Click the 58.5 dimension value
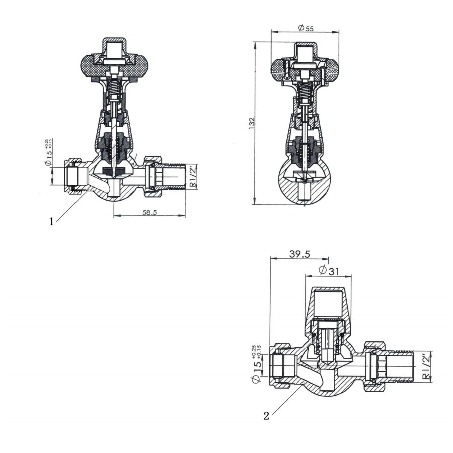coord(149,212)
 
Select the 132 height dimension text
coord(252,123)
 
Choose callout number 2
coord(266,416)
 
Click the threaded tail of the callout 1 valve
coord(174,177)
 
